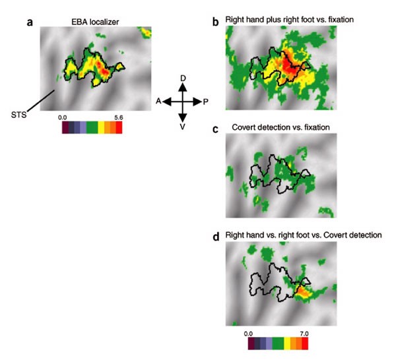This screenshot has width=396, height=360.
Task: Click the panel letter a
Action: (30, 22)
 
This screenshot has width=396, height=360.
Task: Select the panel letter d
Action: (215, 235)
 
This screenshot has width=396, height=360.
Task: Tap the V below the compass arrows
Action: (183, 127)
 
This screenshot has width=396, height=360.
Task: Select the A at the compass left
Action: (159, 102)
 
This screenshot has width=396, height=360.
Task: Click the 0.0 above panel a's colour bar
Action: (63, 116)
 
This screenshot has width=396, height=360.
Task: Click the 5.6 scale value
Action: (119, 116)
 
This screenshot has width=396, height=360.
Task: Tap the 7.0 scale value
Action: (304, 334)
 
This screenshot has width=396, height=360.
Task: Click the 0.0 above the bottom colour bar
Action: (249, 334)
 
